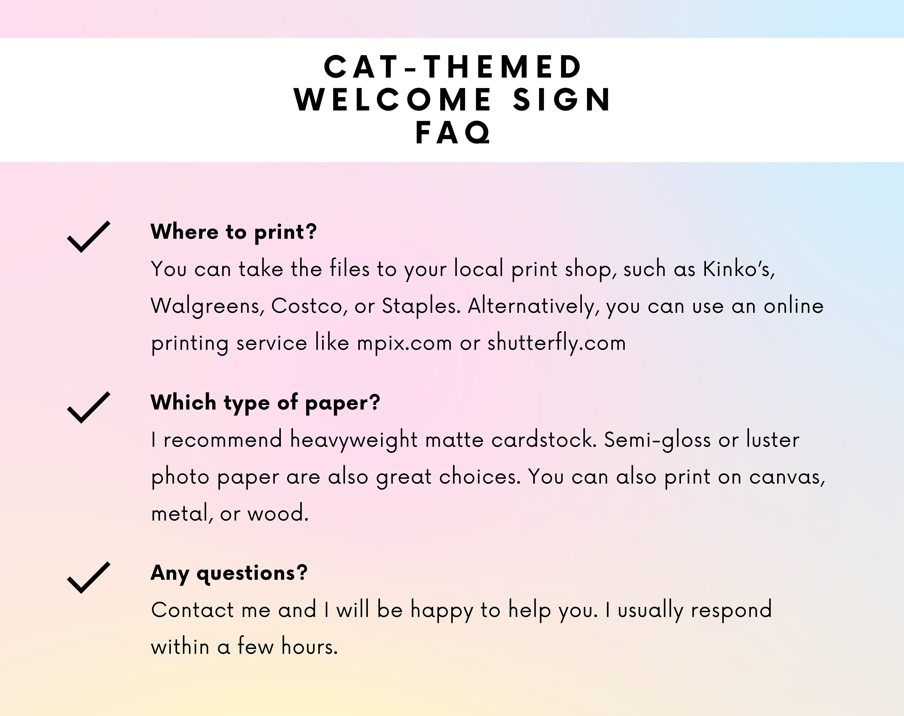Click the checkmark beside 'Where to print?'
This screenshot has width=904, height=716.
pyautogui.click(x=88, y=237)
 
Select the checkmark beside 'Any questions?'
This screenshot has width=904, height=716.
pyautogui.click(x=88, y=578)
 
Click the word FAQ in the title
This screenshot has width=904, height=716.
pyautogui.click(x=453, y=133)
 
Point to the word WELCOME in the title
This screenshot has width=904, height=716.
pyautogui.click(x=393, y=100)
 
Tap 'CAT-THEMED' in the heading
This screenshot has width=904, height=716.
pyautogui.click(x=453, y=67)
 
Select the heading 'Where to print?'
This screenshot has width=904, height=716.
pyautogui.click(x=234, y=232)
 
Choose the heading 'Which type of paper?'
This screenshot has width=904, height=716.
pyautogui.click(x=265, y=402)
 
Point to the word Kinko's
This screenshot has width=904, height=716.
pyautogui.click(x=739, y=269)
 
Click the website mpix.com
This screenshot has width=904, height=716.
pyautogui.click(x=404, y=343)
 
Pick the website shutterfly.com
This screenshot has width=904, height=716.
pyautogui.click(x=557, y=343)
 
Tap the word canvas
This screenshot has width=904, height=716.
pyautogui.click(x=787, y=477)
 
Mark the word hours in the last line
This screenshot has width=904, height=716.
pyautogui.click(x=309, y=646)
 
